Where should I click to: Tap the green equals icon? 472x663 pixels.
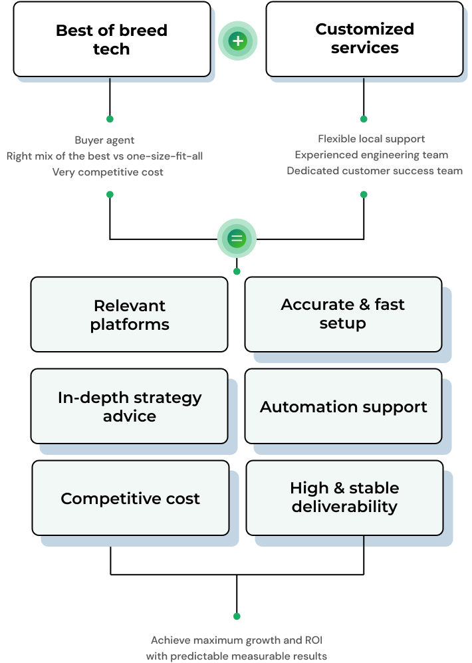click(237, 238)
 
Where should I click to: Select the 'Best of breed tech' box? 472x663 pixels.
click(112, 40)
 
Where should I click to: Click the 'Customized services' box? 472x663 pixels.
click(364, 39)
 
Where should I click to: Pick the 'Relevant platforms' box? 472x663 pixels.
click(130, 315)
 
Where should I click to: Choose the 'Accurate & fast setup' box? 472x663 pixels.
click(343, 314)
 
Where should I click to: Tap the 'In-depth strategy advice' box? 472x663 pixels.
click(130, 406)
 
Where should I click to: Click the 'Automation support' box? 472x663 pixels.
click(343, 406)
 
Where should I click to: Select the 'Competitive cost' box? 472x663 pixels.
click(130, 498)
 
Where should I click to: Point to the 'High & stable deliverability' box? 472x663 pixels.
click(344, 497)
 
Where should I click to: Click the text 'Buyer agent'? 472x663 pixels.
click(104, 140)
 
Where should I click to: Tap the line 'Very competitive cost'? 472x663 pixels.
click(108, 172)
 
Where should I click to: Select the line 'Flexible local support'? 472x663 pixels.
click(371, 139)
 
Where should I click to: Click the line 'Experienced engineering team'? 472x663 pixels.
click(371, 155)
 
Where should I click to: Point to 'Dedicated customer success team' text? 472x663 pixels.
click(374, 171)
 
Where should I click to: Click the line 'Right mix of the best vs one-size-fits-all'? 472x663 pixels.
click(104, 156)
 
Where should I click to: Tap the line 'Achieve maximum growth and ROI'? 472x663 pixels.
click(237, 640)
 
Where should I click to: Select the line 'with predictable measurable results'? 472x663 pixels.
click(237, 656)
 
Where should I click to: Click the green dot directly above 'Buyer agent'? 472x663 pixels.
click(110, 120)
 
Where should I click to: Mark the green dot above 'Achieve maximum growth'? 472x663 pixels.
click(237, 616)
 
